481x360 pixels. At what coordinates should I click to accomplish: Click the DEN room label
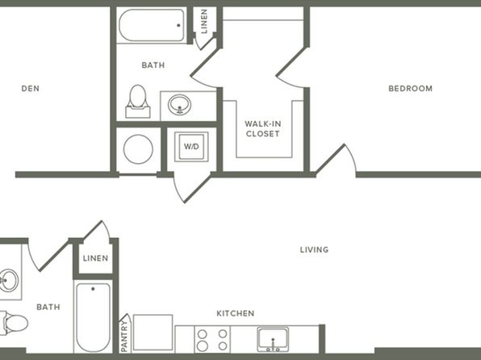[x=31, y=89]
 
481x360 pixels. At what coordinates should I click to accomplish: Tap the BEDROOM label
[x=411, y=89]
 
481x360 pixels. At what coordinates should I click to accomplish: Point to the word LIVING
[x=314, y=249]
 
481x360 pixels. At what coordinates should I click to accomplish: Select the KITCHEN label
[x=236, y=313]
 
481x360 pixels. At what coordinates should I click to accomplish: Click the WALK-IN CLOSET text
[x=262, y=129]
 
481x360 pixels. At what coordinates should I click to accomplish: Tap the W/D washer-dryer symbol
[x=191, y=146]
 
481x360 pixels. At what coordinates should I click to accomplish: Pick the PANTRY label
[x=124, y=337]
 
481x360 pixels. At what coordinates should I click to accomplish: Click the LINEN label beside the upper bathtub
[x=204, y=21]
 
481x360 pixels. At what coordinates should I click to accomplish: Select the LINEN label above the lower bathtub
[x=95, y=258]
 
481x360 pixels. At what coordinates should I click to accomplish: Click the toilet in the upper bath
[x=138, y=101]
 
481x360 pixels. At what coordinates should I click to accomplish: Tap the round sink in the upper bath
[x=179, y=105]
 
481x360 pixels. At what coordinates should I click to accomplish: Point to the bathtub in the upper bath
[x=152, y=25]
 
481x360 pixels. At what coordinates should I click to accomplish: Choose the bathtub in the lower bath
[x=93, y=318]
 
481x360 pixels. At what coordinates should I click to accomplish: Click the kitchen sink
[x=273, y=339]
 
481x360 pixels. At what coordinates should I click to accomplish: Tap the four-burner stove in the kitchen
[x=212, y=339]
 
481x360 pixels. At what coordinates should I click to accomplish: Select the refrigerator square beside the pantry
[x=153, y=332]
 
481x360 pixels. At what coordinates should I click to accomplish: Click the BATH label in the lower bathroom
[x=48, y=307]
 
